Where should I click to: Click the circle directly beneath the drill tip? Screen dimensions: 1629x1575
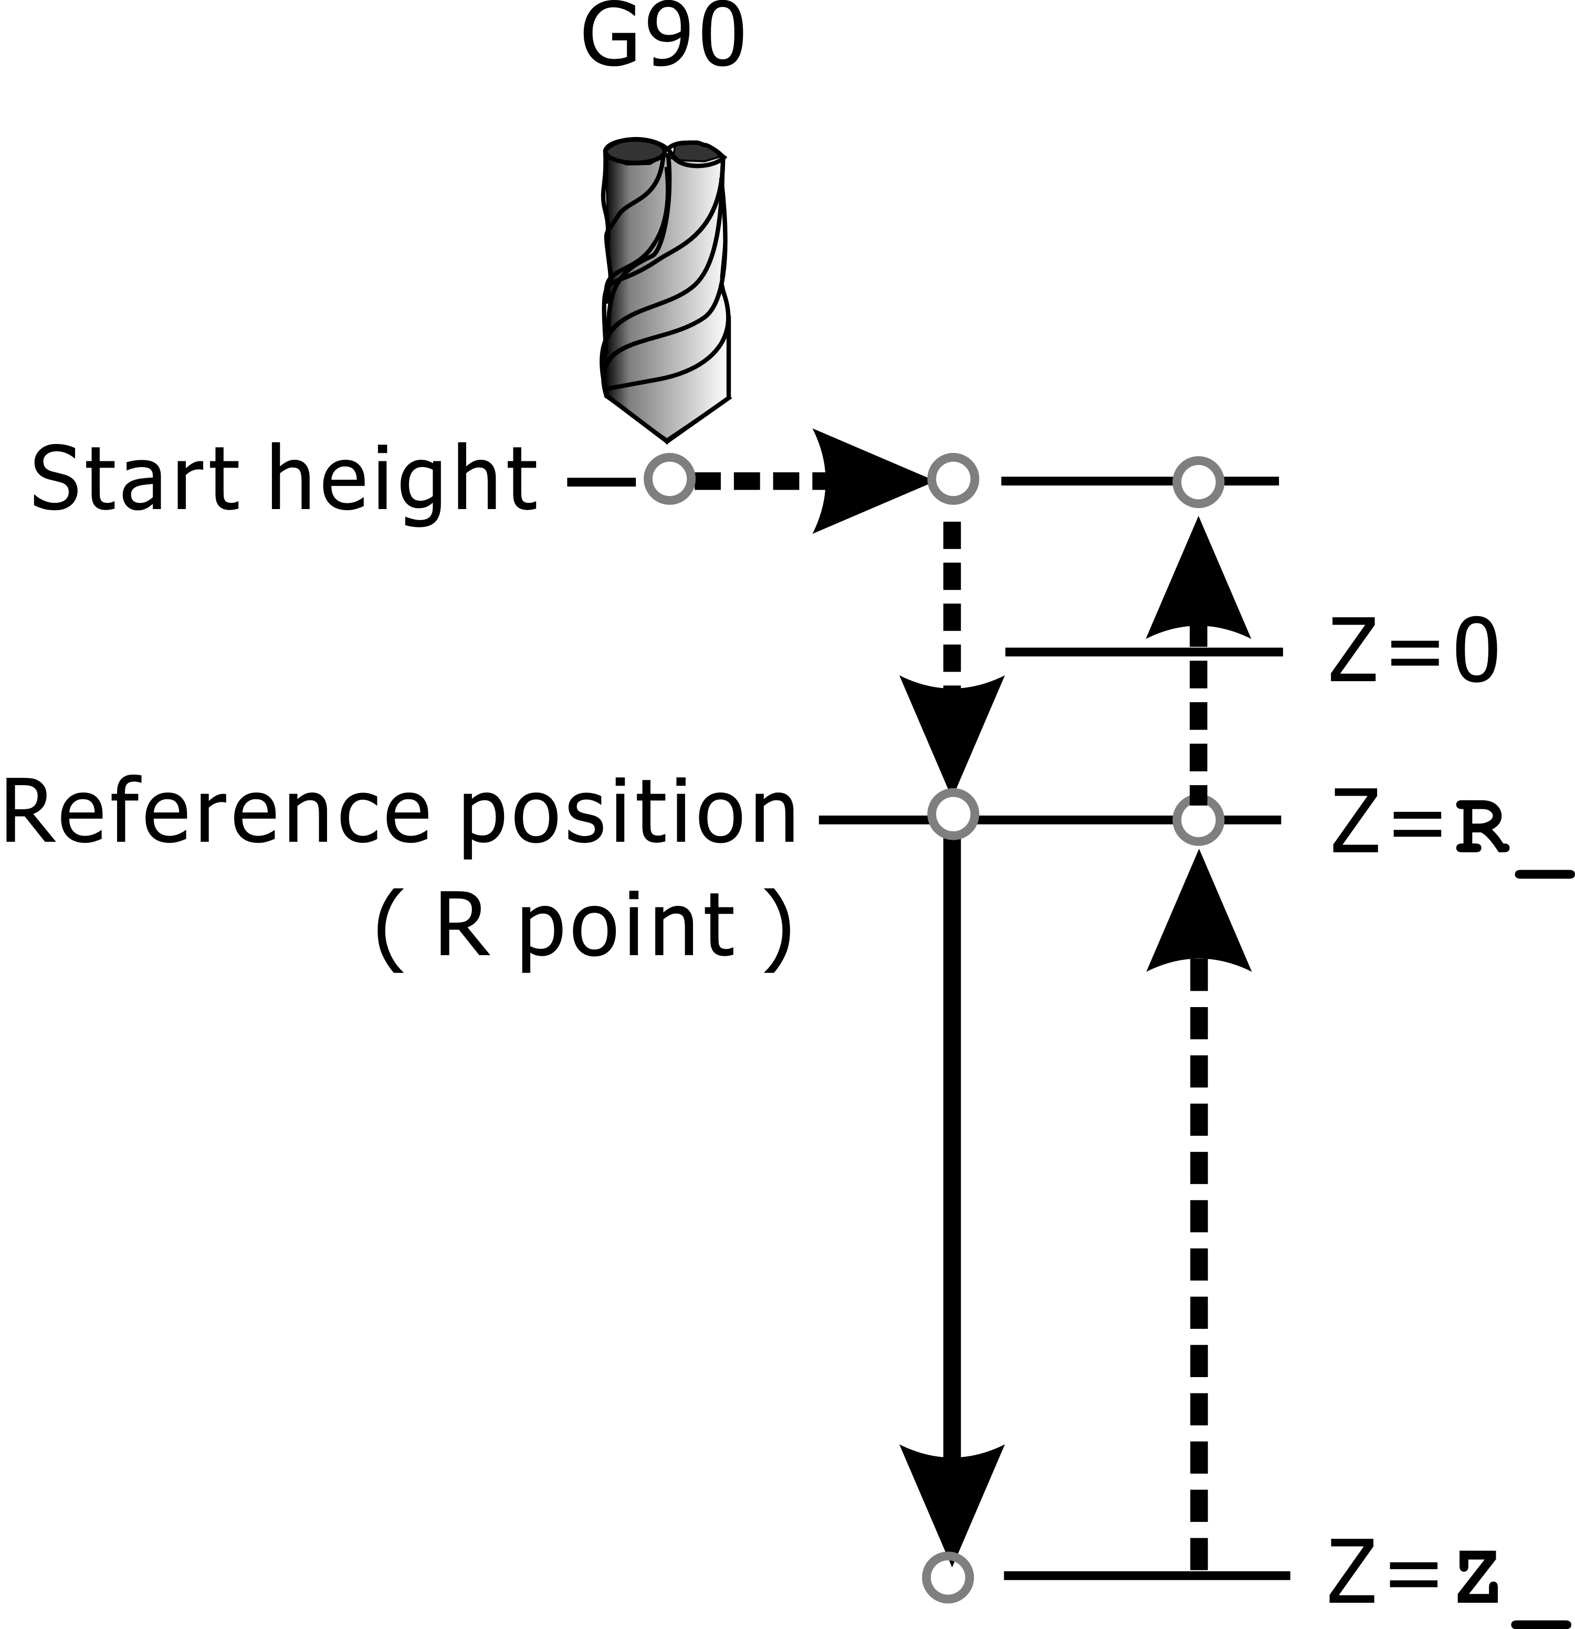[669, 479]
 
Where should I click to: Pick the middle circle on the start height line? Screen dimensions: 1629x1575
[952, 479]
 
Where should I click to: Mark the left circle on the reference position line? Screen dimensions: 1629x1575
[952, 813]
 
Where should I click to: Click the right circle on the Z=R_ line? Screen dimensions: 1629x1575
[1198, 820]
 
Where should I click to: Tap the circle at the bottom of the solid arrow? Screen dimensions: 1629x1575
[948, 1577]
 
